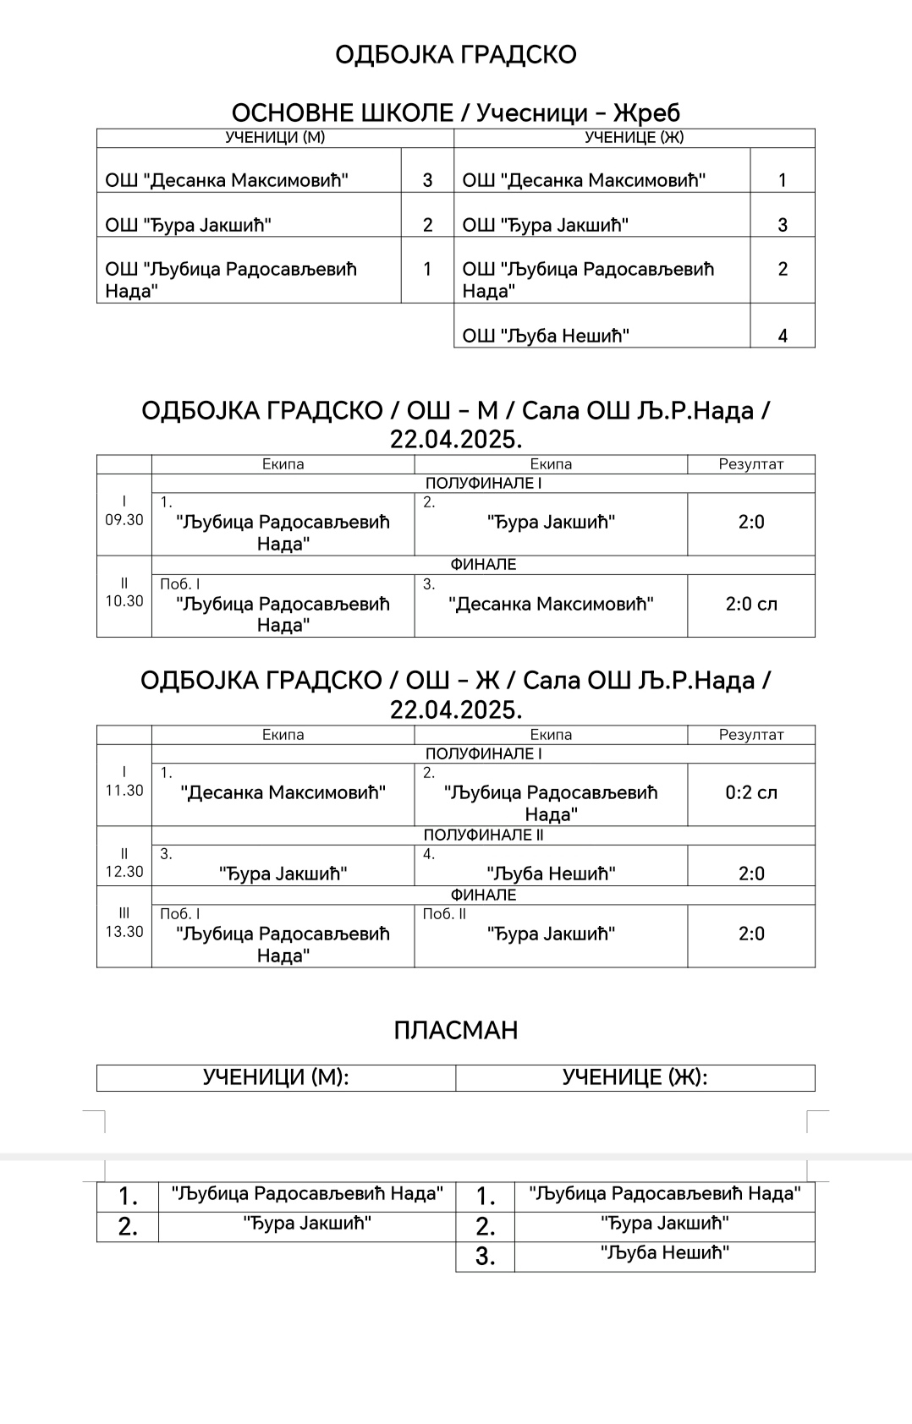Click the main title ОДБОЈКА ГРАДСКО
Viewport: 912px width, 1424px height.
click(x=455, y=55)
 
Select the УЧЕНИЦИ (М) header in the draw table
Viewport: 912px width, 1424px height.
click(x=275, y=137)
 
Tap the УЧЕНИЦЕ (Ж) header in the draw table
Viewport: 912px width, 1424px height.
click(x=634, y=137)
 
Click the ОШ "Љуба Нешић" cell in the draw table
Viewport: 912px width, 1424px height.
click(x=546, y=336)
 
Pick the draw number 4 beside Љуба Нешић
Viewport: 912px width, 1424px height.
click(x=783, y=336)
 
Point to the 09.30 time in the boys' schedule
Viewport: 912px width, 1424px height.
click(x=124, y=520)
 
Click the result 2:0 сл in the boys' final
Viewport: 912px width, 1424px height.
click(x=751, y=604)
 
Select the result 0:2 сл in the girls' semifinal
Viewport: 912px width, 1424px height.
click(x=751, y=792)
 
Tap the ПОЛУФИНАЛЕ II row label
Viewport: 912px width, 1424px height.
click(x=483, y=835)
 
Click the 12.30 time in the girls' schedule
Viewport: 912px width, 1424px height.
click(x=124, y=872)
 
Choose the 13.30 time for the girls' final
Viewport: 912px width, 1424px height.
click(x=124, y=932)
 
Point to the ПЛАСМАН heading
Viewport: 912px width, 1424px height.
click(x=455, y=1030)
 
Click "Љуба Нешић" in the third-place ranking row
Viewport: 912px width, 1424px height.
click(x=665, y=1252)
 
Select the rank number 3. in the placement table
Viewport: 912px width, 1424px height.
click(x=485, y=1257)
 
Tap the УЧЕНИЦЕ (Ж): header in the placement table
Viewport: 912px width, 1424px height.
click(x=635, y=1077)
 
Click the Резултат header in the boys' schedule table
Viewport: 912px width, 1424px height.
click(x=751, y=464)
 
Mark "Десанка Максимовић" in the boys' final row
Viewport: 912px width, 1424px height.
click(x=551, y=604)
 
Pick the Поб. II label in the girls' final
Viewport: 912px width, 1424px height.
click(x=444, y=914)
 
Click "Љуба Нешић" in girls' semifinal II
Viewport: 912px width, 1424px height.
click(x=551, y=874)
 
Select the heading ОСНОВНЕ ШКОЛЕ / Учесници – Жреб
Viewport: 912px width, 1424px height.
click(x=455, y=112)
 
